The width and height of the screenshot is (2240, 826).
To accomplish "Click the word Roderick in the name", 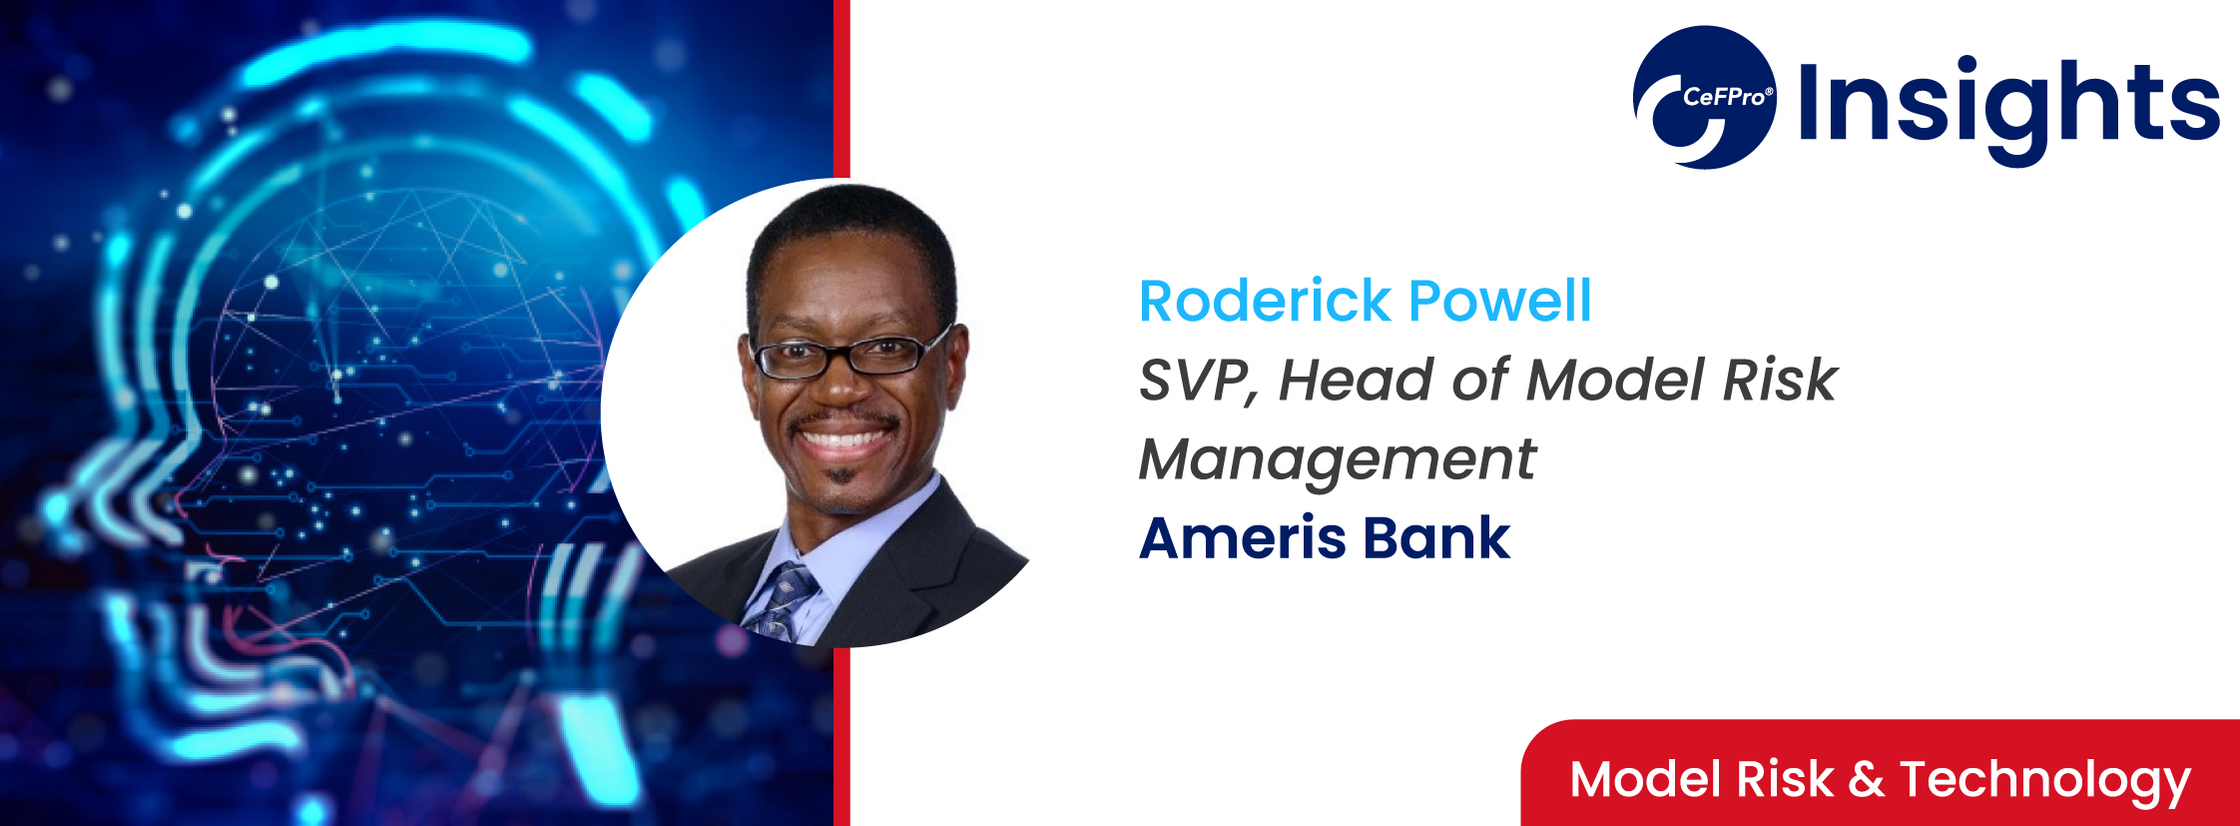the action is (1265, 301).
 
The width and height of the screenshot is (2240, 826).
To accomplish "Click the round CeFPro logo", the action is (1705, 97).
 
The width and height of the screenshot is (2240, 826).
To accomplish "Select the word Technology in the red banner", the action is (2044, 782).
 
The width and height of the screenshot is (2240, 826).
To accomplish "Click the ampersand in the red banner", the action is (1866, 780).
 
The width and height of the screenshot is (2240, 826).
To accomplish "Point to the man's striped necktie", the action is (783, 603).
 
